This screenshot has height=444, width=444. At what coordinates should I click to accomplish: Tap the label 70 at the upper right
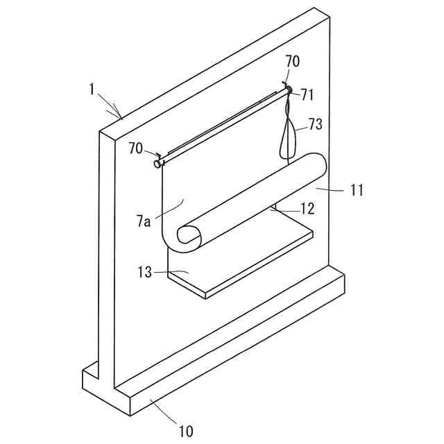pyautogui.click(x=293, y=61)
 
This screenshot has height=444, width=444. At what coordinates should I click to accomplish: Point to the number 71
pyautogui.click(x=307, y=95)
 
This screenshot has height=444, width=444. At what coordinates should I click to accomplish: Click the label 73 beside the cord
pyautogui.click(x=316, y=124)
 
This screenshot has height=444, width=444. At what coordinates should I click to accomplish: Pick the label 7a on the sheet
pyautogui.click(x=144, y=222)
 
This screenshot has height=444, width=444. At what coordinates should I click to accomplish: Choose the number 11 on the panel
pyautogui.click(x=357, y=189)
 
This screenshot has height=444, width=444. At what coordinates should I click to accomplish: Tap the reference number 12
pyautogui.click(x=307, y=208)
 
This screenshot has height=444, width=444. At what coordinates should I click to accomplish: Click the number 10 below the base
pyautogui.click(x=186, y=431)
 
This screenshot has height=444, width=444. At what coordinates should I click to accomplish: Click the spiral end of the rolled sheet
pyautogui.click(x=188, y=236)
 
